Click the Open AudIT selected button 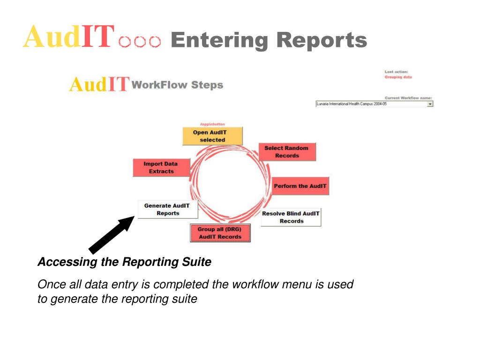(212, 136)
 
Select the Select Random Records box (287, 152)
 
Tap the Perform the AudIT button (300, 186)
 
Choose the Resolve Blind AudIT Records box (291, 217)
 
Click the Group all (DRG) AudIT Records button (220, 233)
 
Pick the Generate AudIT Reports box (168, 210)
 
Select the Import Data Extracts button (161, 168)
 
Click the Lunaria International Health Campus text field (370, 104)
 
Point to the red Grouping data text (398, 77)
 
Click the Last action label (396, 72)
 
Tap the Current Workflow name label (408, 98)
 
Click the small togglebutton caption (212, 124)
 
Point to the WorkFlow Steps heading (178, 85)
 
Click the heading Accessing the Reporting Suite (124, 262)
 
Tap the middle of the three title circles (140, 43)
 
